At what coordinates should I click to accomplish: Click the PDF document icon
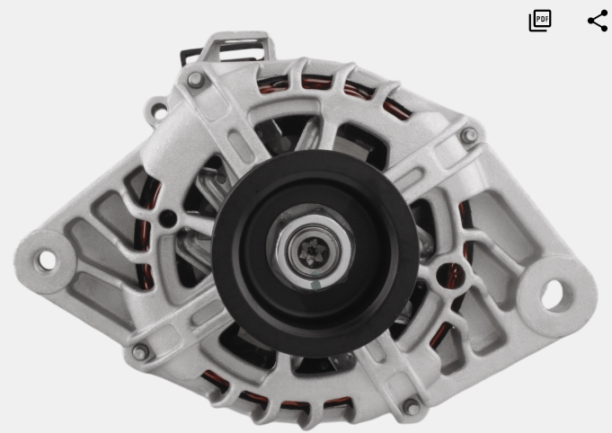pos(540,21)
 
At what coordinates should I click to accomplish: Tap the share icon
pos(598,21)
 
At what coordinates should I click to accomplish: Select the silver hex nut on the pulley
pos(311,247)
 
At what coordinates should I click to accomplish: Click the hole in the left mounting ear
pos(46,261)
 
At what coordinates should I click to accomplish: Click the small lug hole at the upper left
pos(159,111)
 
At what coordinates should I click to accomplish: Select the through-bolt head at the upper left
pos(196,80)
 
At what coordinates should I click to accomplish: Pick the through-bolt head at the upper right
pos(469,136)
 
